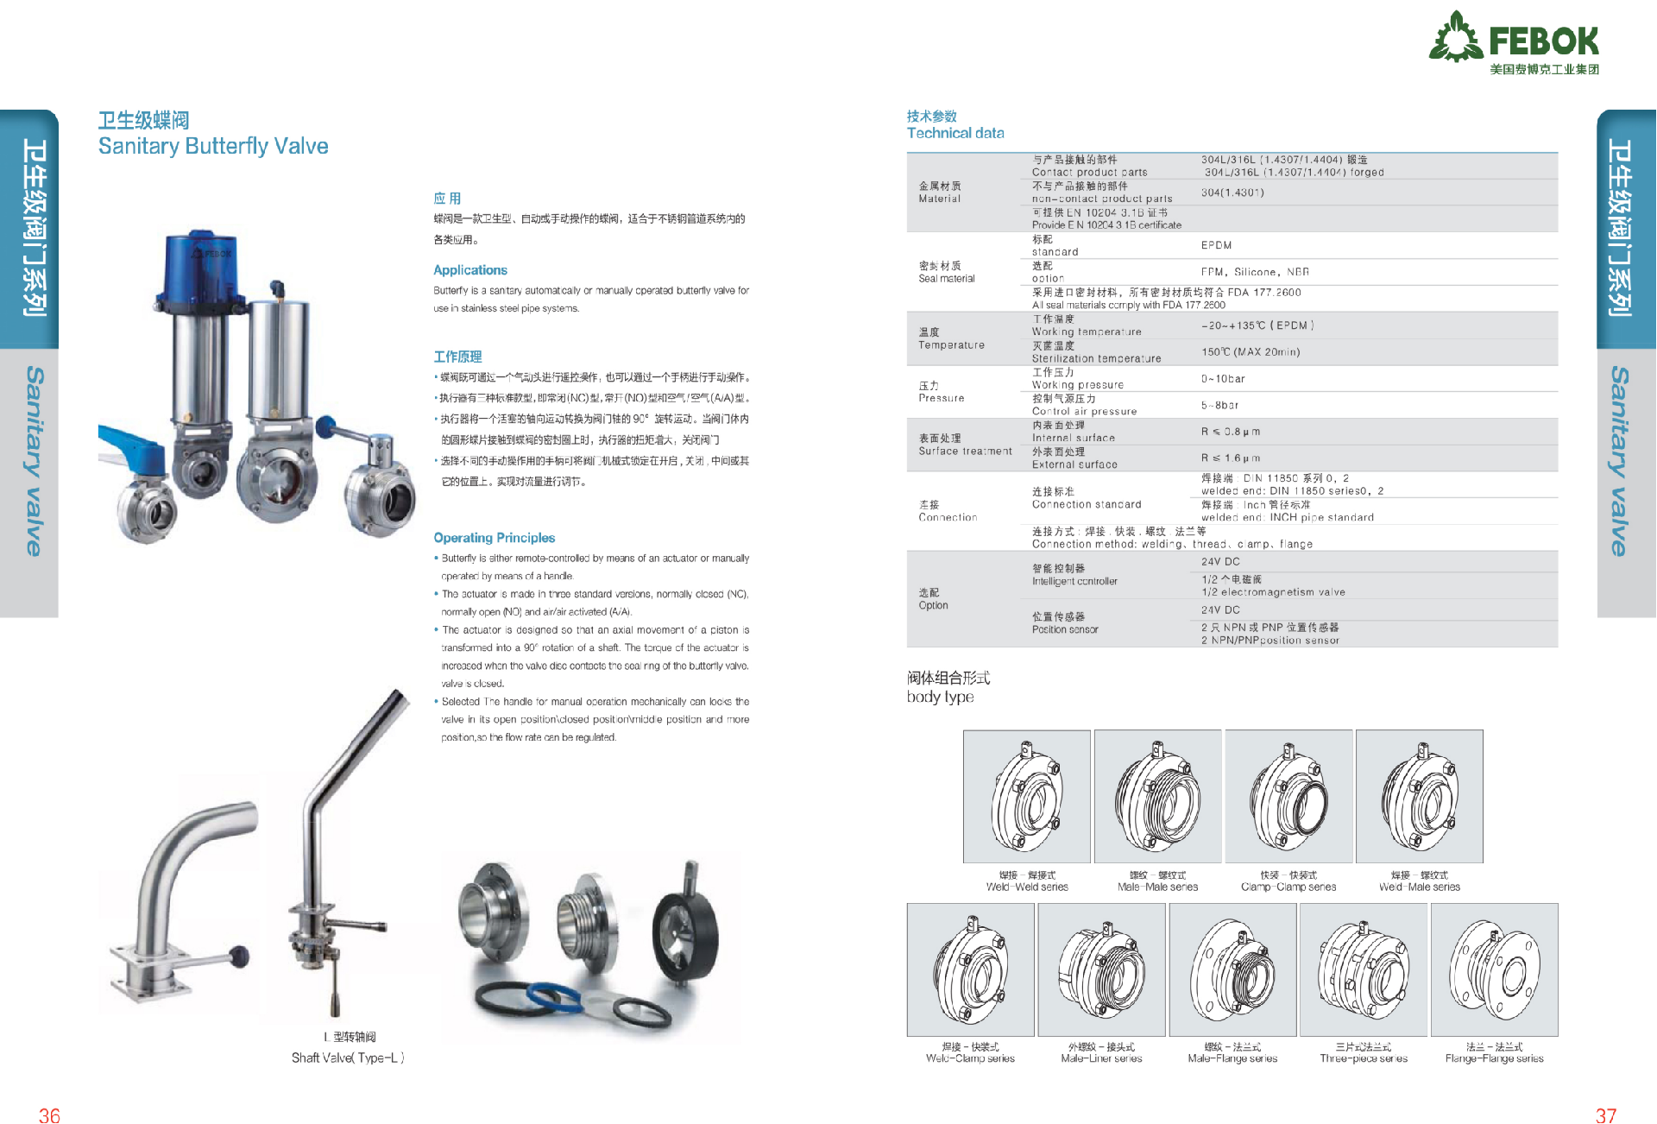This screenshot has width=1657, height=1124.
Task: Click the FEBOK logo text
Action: point(1543,41)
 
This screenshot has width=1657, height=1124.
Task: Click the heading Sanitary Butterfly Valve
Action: point(213,146)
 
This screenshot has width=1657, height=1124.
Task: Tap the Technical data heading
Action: point(955,133)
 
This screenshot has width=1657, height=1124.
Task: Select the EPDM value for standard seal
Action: point(1216,245)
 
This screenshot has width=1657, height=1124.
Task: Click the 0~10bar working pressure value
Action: point(1223,379)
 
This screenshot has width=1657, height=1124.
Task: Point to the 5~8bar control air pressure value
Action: point(1219,405)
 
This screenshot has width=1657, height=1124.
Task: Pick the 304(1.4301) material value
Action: point(1232,193)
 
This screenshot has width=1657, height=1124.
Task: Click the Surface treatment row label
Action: point(965,451)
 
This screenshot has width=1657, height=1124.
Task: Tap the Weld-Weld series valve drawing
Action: point(1026,796)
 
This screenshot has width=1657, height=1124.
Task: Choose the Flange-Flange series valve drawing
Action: point(1494,969)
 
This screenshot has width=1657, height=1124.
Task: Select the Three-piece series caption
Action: point(1363,1058)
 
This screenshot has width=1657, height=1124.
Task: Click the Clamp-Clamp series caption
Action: point(1288,887)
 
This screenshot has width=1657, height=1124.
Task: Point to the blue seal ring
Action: point(553,998)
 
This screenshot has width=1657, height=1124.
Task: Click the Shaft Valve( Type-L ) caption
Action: point(348,1058)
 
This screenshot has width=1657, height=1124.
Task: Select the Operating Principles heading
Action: point(494,538)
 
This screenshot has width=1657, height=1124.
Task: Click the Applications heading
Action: point(470,270)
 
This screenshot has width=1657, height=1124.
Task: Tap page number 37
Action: point(1605,1115)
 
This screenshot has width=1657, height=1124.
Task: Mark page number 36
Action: point(49,1115)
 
